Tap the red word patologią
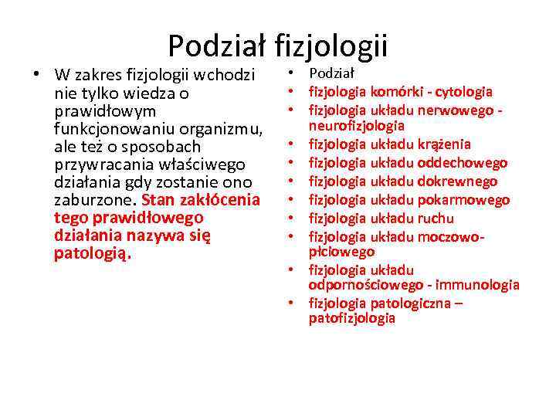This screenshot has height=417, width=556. pos(93,253)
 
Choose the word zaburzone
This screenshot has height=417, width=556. pos(97,199)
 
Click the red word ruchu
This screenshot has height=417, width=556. pos(436,219)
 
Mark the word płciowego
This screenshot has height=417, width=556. pos(341,252)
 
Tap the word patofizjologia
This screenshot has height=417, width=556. pos(352,318)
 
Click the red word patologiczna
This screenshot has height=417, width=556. pos(412,303)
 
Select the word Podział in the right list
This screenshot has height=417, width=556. pos(331,73)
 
